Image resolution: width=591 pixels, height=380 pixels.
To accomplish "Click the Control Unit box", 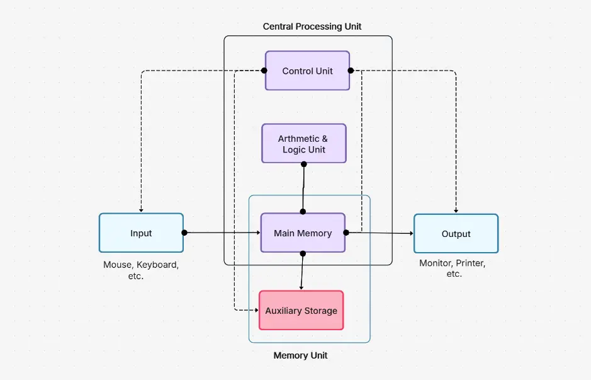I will (x=307, y=71).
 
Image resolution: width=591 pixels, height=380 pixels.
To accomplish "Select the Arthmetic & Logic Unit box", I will (x=303, y=144).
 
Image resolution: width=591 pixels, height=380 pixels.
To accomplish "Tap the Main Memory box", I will (x=303, y=233).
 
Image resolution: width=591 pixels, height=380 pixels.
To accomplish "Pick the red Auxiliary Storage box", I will (x=301, y=311).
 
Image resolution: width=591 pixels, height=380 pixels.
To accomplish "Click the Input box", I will (x=141, y=233).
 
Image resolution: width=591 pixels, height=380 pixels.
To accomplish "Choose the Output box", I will (x=456, y=234).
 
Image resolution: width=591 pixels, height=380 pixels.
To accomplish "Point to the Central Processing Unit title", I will (x=312, y=26).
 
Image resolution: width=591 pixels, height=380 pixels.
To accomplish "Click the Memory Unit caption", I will (x=300, y=355).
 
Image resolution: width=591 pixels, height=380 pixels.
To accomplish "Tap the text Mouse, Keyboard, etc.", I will (x=140, y=270).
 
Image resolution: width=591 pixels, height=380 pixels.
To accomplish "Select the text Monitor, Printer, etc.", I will (x=453, y=268).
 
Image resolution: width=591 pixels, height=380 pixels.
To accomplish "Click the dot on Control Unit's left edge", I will (x=264, y=71).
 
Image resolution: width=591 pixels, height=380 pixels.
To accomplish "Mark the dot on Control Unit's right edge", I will (x=351, y=71).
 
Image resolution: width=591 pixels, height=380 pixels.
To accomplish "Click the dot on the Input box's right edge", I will (x=184, y=233).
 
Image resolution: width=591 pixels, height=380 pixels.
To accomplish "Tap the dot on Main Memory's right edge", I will (x=346, y=233).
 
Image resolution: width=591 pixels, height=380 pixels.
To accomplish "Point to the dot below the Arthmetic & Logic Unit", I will (x=304, y=164).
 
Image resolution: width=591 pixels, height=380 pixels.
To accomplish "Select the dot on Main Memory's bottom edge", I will (x=303, y=253).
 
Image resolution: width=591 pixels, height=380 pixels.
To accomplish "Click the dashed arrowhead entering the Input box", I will (x=141, y=210).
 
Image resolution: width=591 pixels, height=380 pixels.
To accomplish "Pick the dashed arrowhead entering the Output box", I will (x=456, y=210).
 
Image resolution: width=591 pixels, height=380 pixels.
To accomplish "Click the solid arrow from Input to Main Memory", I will (x=220, y=233).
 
